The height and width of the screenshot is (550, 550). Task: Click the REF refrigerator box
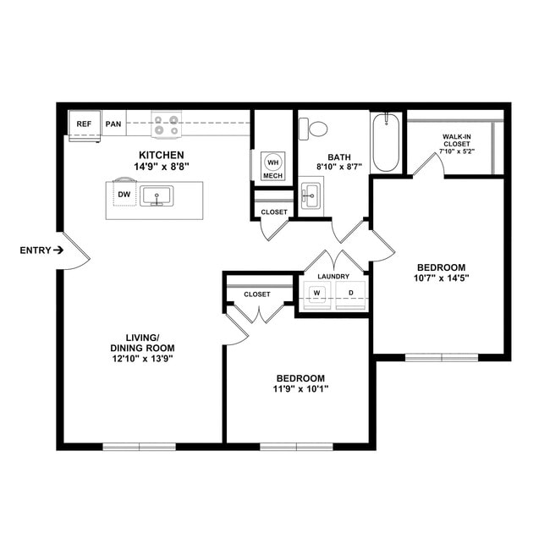(84, 124)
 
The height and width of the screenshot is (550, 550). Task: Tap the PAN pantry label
(113, 124)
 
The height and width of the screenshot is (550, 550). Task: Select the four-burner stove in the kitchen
(166, 124)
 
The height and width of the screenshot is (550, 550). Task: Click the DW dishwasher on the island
(124, 195)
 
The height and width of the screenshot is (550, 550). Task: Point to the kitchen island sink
(157, 196)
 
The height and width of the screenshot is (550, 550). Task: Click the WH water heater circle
(272, 162)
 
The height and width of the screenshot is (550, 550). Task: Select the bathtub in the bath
(386, 142)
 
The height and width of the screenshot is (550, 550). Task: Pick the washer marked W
(317, 294)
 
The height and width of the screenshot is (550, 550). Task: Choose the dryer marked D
(350, 294)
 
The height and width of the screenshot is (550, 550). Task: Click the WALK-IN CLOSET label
(457, 140)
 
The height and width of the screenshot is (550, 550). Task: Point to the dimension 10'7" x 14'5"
(441, 278)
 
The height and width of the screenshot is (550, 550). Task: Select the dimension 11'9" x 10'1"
(300, 389)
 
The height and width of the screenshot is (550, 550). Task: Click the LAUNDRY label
(333, 277)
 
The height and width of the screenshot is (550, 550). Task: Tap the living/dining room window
(139, 446)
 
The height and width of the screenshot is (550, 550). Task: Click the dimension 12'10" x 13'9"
(142, 359)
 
